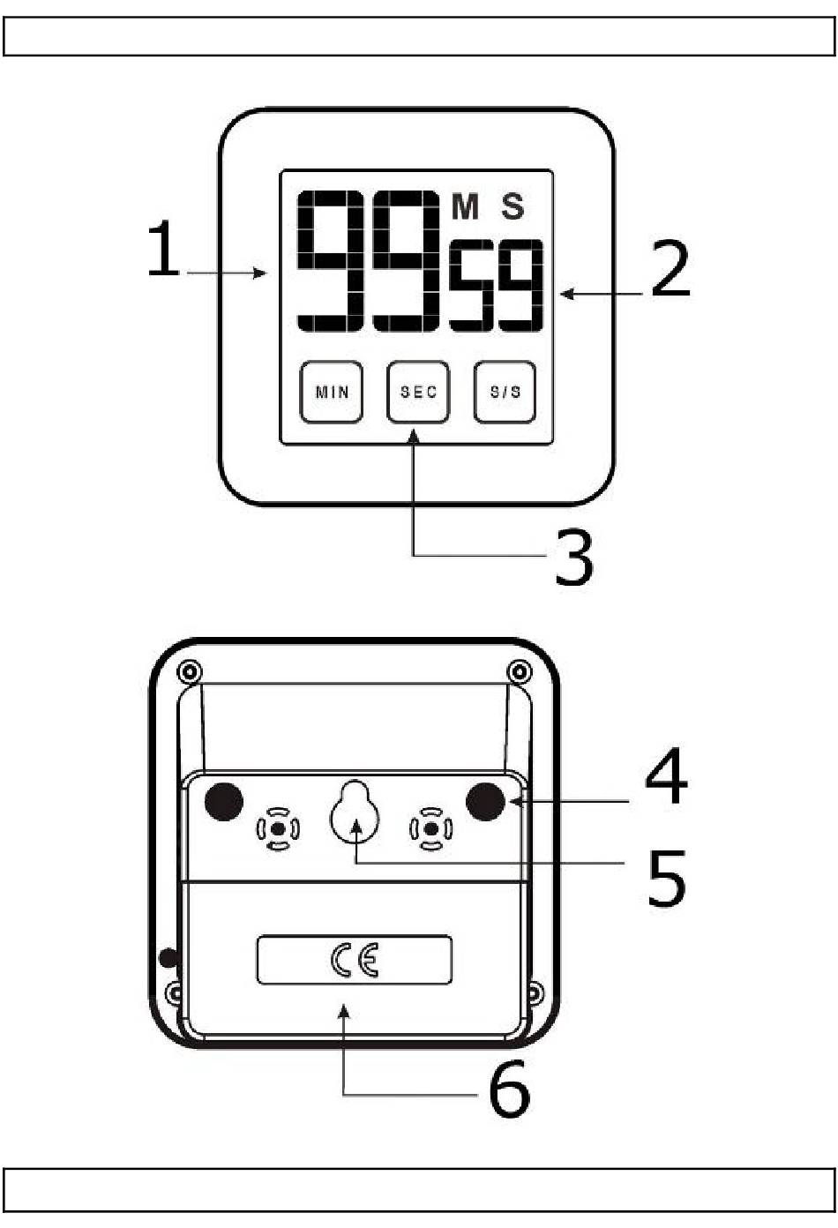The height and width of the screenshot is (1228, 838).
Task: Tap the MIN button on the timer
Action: coord(332,392)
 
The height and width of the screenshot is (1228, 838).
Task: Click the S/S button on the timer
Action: coord(505,392)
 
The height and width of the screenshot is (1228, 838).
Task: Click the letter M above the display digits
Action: coord(465,207)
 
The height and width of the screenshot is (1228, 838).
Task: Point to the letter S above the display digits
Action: coord(513,207)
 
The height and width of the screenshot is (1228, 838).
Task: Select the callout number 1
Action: coord(163,250)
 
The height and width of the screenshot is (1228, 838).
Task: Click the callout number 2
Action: coord(670,269)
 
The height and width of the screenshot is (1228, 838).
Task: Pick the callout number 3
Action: coord(574,558)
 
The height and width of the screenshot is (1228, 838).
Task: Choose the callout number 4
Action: coord(666,776)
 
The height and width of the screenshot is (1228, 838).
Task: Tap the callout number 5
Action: coord(666,878)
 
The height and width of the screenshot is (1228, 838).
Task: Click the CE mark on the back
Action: coord(355,960)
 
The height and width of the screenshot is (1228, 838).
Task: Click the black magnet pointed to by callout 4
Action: coord(485,801)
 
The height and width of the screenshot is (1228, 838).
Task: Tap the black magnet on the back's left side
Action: coord(224,801)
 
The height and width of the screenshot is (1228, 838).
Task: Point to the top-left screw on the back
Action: coord(187,672)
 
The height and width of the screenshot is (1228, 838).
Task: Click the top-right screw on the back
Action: coord(520,672)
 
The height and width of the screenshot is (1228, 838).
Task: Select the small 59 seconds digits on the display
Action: coord(497,285)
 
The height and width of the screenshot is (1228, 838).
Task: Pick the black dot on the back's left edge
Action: coord(167,957)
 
